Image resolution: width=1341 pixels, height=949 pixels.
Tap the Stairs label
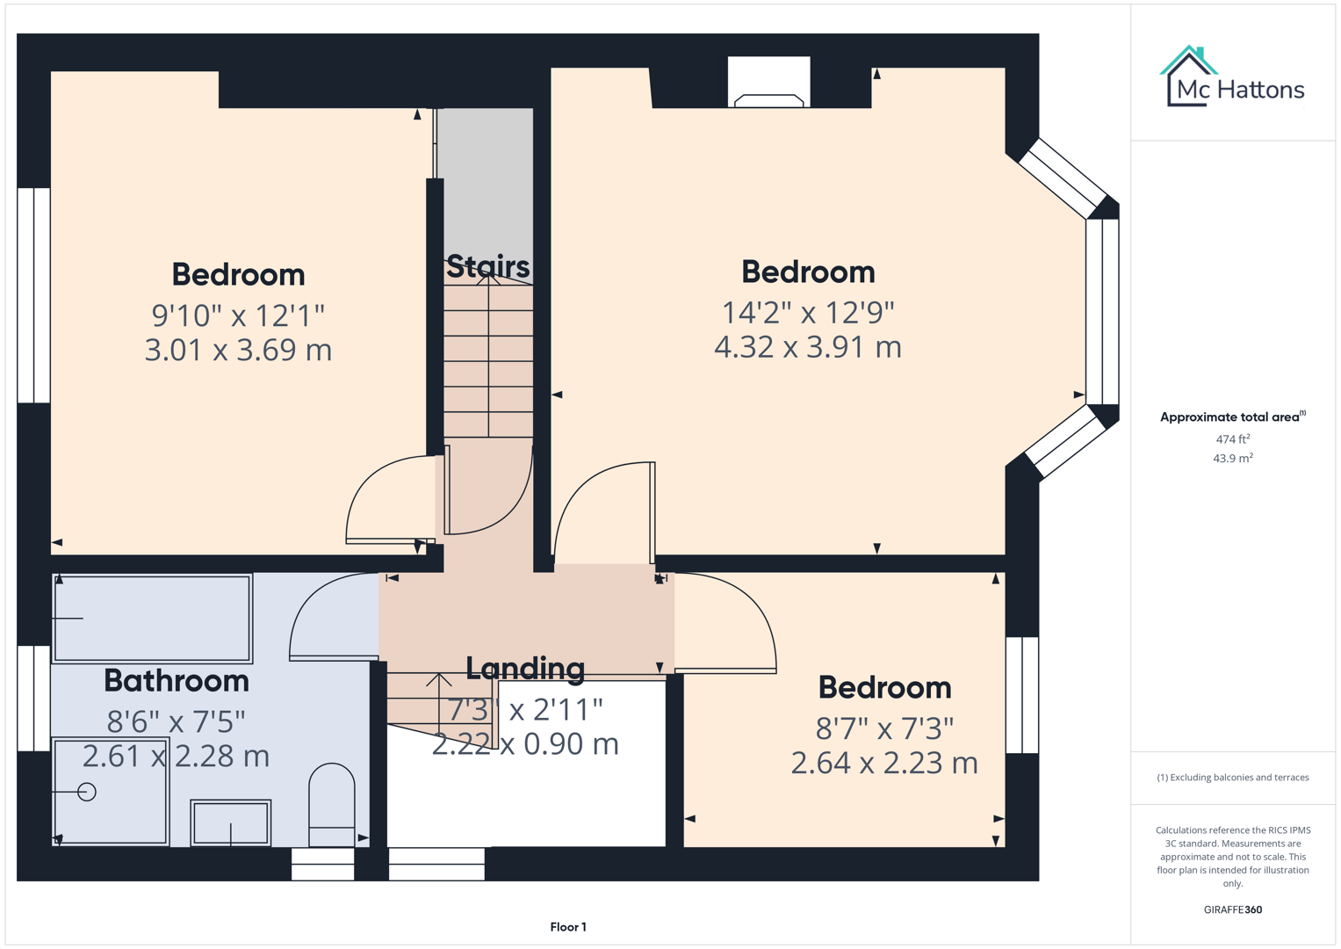[487, 265]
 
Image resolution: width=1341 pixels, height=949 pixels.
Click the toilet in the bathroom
[332, 804]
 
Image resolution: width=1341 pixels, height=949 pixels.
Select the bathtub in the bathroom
[152, 618]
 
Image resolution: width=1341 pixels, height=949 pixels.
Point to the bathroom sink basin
[231, 822]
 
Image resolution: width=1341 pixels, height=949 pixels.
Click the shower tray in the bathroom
[110, 792]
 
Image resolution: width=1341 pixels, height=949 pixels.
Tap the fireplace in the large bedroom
[768, 84]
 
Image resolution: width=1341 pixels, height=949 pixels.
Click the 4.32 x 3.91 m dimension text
[807, 347]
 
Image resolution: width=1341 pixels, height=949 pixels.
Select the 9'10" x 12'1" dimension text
[238, 315]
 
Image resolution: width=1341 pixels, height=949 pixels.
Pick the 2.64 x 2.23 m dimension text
[883, 763]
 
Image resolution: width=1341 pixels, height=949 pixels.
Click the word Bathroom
[177, 681]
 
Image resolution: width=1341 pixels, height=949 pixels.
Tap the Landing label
[524, 669]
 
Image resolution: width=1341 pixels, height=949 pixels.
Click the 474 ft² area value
[1232, 439]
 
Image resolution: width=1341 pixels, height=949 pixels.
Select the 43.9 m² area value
[1232, 459]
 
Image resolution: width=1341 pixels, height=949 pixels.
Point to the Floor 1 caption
[567, 927]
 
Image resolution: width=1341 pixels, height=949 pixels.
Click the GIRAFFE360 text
[1232, 909]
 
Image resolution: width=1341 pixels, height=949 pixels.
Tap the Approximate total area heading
[1232, 417]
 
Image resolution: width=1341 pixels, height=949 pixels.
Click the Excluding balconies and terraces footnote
[1232, 778]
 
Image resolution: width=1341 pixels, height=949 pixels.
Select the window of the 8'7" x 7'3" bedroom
[1022, 695]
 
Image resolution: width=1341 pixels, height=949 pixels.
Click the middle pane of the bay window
[1102, 311]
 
